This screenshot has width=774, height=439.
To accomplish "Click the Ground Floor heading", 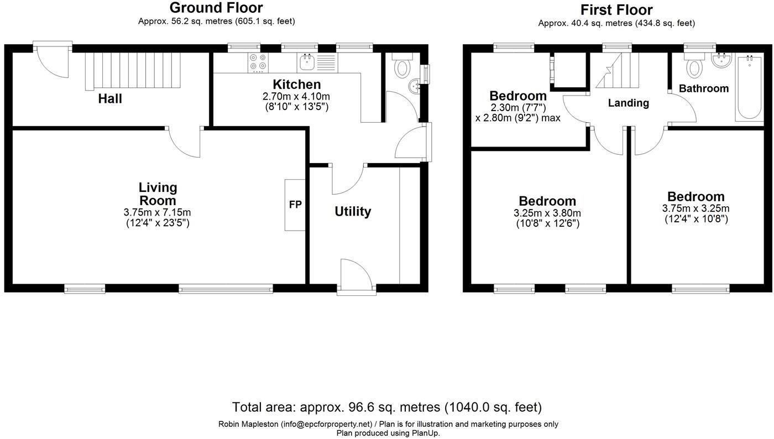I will coord(216,8).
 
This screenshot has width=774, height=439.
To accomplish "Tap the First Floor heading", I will coord(616,10).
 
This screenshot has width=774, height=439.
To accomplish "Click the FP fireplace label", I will coord(295,205).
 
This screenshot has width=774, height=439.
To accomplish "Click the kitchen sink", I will coord(307,62).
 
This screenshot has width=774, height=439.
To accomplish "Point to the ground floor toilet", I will coord(402,66).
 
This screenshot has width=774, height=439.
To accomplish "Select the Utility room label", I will coord(353,211).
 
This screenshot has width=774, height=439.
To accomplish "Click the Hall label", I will coord(110,99).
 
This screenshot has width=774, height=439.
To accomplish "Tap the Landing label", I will coord(628,103).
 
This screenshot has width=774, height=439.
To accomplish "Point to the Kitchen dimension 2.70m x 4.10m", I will coord(296,97).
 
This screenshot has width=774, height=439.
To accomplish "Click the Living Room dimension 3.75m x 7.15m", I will coord(158,212).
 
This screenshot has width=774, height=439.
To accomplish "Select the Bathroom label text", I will coord(703,88).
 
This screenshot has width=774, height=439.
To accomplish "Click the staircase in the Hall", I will coord(133,70).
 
